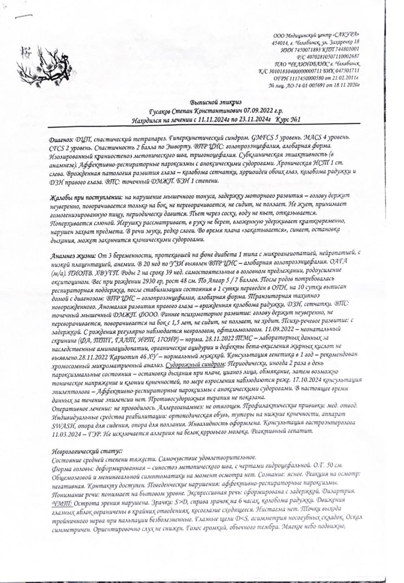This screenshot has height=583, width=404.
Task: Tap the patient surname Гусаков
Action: (x=162, y=111)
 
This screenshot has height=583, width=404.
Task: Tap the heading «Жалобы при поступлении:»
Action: (x=85, y=196)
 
